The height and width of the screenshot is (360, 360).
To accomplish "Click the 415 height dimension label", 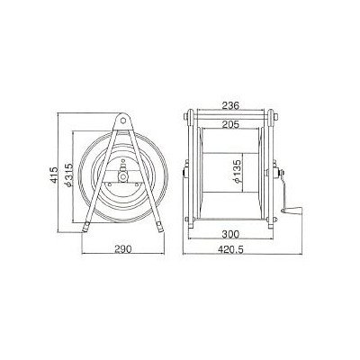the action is click(54, 175).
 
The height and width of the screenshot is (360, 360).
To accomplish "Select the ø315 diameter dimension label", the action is click(68, 175).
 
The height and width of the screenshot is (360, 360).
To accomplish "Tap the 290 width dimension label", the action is click(123, 248).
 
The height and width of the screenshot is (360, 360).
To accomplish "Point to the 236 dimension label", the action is click(230, 105).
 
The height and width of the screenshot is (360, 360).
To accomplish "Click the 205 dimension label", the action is click(230, 124).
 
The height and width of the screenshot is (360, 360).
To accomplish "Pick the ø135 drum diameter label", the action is click(237, 172).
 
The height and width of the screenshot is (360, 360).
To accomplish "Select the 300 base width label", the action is click(230, 234).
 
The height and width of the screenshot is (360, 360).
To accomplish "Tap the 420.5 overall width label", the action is click(230, 249).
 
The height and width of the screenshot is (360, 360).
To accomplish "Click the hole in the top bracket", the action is click(122, 120).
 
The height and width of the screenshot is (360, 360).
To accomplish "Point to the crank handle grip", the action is click(292, 211).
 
